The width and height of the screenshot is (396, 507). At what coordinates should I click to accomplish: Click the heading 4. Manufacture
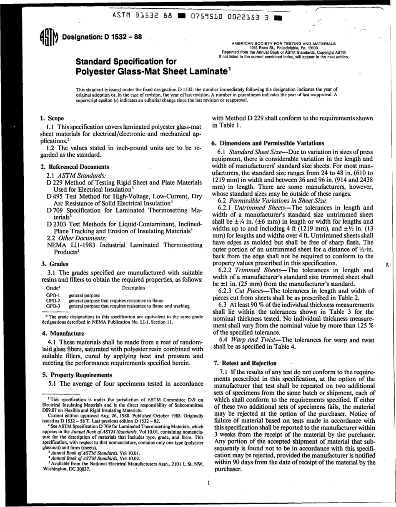[63, 334]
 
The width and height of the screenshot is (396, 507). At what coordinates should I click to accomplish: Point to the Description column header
[133, 288]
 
